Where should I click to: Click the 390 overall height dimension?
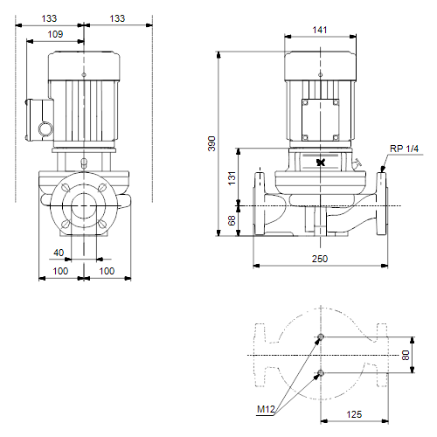(212, 143)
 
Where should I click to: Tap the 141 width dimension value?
(320, 30)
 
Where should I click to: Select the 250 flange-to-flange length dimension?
(320, 259)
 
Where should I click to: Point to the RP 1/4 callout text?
(404, 149)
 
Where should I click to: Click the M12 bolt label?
(266, 409)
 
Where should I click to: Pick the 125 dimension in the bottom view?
(354, 414)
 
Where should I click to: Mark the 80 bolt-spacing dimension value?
(406, 355)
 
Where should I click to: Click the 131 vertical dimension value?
(232, 178)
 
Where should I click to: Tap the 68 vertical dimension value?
(232, 220)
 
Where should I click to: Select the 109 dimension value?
(55, 34)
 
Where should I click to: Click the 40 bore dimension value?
(59, 253)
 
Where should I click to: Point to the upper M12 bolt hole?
(321, 336)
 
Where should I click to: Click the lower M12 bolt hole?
(321, 372)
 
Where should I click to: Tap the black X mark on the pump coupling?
(321, 163)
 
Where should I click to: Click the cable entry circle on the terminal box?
(45, 128)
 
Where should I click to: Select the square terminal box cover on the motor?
(321, 120)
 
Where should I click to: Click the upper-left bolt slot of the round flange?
(66, 188)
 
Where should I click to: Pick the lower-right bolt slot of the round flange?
(102, 224)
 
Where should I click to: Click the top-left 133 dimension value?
(49, 18)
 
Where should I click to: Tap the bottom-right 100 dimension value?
(107, 271)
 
